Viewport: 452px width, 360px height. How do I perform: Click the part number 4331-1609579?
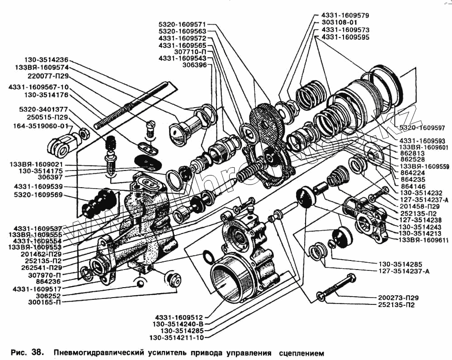(345, 15)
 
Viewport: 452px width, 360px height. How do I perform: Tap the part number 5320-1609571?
(183, 24)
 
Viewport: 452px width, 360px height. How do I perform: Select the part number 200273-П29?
(396, 298)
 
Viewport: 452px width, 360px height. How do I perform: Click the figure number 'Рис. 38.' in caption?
(27, 352)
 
